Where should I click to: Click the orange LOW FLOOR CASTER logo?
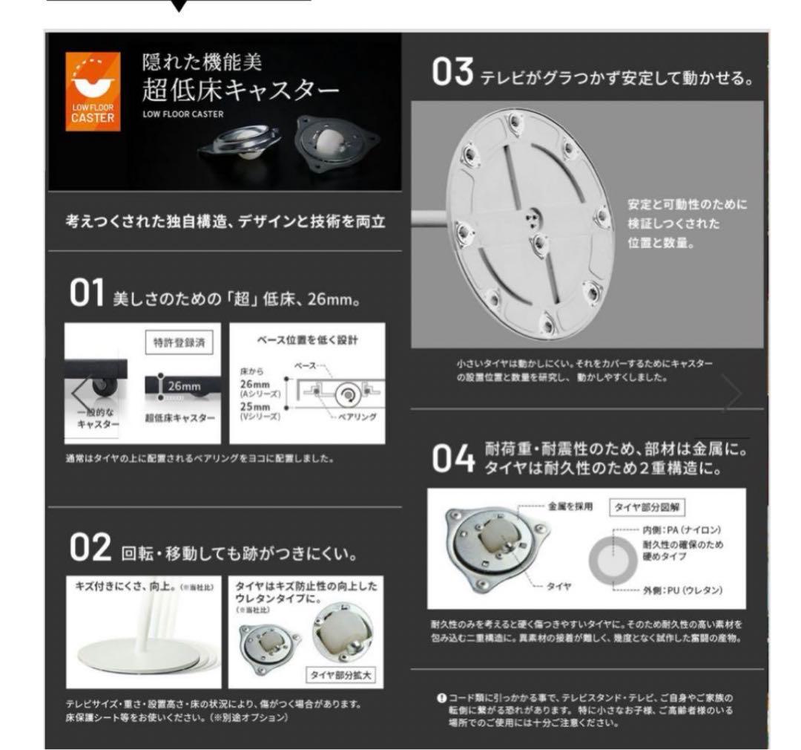click(x=93, y=91)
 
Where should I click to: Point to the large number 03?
click(x=452, y=74)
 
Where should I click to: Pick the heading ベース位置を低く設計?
click(x=307, y=341)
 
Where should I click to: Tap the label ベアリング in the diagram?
click(x=356, y=417)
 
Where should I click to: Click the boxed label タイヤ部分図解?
click(x=647, y=507)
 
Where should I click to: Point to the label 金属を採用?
click(x=570, y=507)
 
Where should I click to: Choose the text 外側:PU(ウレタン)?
click(x=683, y=591)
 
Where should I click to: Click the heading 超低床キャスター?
click(x=240, y=92)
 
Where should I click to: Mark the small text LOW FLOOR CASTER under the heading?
click(x=183, y=114)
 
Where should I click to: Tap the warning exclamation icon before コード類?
click(x=441, y=698)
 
